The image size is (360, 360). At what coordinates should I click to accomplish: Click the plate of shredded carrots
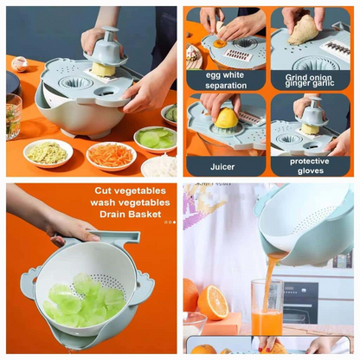click(x=111, y=155)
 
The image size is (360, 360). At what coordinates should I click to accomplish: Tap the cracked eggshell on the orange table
click(x=19, y=63)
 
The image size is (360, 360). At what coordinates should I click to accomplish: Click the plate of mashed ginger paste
click(x=48, y=153)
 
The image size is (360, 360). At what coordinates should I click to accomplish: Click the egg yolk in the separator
click(x=219, y=44)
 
